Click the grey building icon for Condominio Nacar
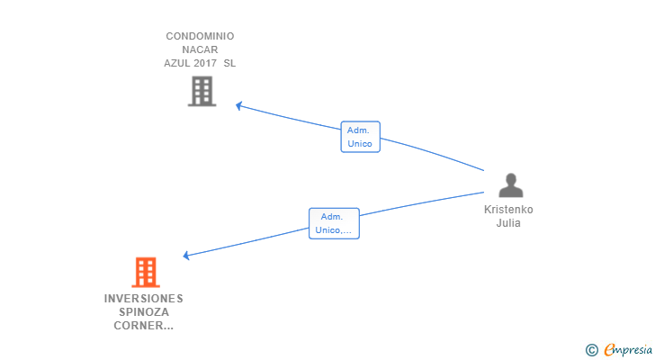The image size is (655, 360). tap(202, 91)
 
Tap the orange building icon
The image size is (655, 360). tap(146, 273)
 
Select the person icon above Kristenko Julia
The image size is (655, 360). tap(510, 185)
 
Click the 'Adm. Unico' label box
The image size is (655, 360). tap(360, 137)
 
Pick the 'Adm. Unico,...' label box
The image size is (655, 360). tap(334, 223)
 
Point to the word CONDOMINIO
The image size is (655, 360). tap(200, 36)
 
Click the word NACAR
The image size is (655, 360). tap(200, 49)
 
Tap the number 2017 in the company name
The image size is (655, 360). tap(204, 63)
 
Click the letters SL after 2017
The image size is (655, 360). tap(229, 63)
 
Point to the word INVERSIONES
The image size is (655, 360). tap(144, 299)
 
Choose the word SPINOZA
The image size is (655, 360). tap(144, 312)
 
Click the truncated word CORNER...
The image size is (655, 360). tap(143, 325)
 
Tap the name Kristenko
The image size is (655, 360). tap(508, 209)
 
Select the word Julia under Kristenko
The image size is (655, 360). tap(508, 223)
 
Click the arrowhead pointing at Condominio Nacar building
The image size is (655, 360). tap(239, 105)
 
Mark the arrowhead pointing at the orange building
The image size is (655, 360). tap(186, 256)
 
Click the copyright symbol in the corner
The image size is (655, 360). tap(591, 349)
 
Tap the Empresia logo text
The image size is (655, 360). tap(628, 349)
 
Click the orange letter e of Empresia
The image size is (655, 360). tap(609, 349)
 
